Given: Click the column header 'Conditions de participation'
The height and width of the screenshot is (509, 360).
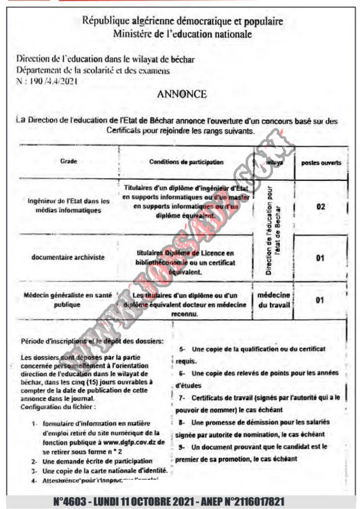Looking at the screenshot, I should [x=186, y=162].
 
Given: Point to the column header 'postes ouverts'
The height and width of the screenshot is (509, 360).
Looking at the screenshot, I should [x=321, y=163].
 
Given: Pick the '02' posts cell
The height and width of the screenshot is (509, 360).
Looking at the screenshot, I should [x=321, y=206].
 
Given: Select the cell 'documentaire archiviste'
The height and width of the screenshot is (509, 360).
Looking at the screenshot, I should [x=68, y=257].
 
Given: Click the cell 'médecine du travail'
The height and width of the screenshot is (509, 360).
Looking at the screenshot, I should [x=274, y=300].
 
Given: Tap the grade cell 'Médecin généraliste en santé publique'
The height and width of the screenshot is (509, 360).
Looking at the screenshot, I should [x=68, y=300].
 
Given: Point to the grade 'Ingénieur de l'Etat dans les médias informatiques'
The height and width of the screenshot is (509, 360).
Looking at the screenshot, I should [x=69, y=206].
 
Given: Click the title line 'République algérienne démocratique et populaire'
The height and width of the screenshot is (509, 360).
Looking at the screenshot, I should [x=182, y=21].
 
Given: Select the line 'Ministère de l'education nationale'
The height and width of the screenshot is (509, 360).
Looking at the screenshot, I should [x=182, y=34].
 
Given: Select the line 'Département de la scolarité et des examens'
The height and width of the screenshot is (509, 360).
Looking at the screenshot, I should [x=93, y=71].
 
